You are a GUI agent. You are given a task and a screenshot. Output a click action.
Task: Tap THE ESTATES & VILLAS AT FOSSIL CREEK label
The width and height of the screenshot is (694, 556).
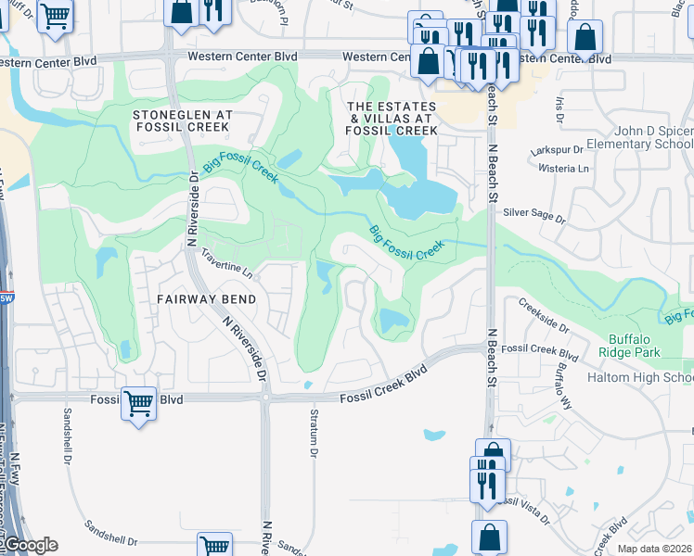(x=392, y=119)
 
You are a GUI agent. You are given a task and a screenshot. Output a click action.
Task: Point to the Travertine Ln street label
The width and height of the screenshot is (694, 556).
(x=226, y=268)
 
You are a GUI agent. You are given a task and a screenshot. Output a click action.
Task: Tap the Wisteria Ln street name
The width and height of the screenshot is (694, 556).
(x=571, y=169)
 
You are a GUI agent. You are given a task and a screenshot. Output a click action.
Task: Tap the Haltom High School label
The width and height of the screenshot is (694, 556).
(x=640, y=378)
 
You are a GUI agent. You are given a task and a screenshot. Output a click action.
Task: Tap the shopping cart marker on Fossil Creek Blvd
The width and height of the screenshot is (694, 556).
(x=138, y=404)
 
